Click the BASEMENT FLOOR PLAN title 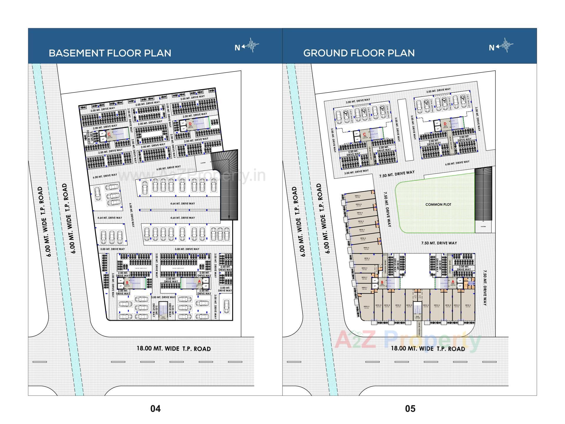[110, 53]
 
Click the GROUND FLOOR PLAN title [359, 53]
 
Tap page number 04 [155, 408]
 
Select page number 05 [410, 408]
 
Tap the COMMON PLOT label [438, 204]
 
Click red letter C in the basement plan [109, 134]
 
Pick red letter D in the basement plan [190, 124]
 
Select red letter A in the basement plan [200, 282]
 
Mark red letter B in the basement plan [127, 282]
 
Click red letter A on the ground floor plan [453, 281]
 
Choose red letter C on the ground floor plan [365, 135]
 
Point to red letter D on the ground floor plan [445, 124]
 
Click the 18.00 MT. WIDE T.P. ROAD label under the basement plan [174, 349]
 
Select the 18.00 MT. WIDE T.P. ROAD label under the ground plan [428, 349]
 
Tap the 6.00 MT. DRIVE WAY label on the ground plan [457, 163]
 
